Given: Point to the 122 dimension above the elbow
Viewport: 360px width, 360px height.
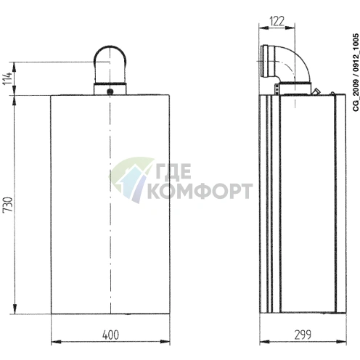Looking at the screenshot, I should (276, 21).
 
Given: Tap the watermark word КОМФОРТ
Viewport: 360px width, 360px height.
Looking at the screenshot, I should (200, 191).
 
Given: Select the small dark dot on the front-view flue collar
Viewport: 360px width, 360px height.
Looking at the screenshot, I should (110, 91).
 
